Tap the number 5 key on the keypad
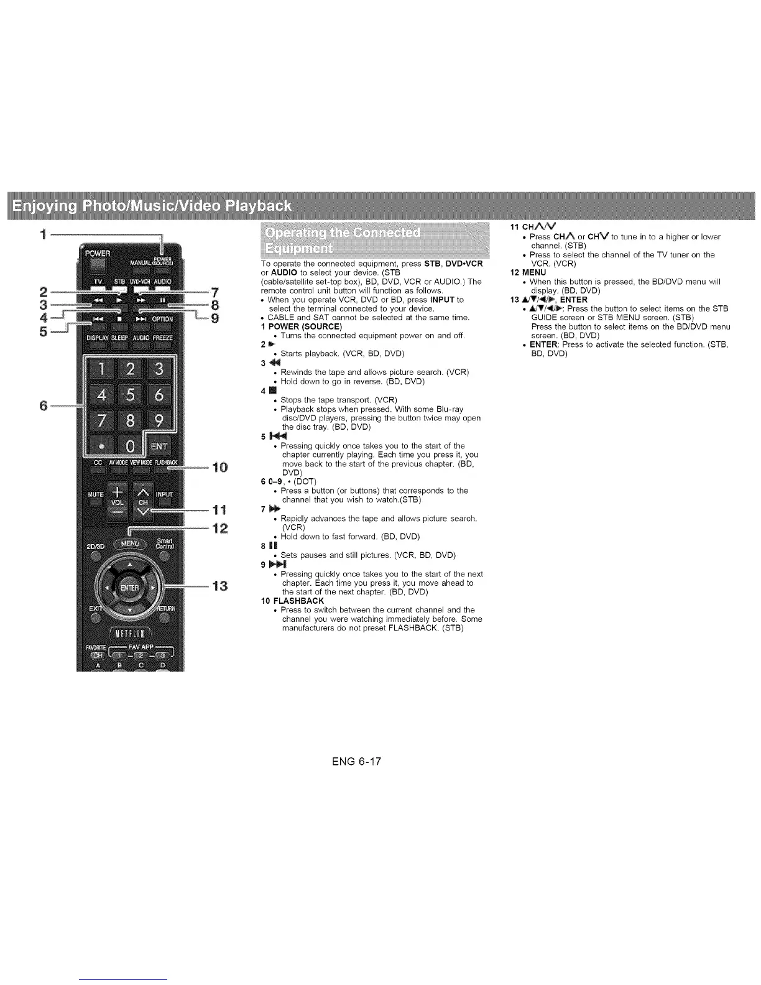point(129,395)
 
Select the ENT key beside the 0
point(160,446)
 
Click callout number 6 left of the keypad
point(44,405)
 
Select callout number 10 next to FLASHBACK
point(220,467)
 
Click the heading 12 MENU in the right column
point(528,272)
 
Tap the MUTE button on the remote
point(95,496)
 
